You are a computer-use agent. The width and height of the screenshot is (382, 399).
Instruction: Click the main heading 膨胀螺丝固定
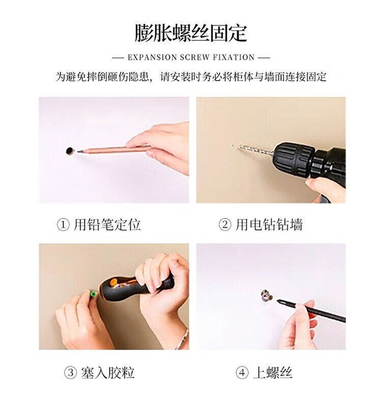click(191, 33)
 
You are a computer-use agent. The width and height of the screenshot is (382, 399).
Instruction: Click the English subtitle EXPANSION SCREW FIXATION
click(191, 57)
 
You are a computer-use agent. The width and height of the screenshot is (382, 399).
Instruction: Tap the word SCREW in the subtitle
click(195, 57)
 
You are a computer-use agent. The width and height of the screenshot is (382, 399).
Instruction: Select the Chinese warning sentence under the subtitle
click(191, 76)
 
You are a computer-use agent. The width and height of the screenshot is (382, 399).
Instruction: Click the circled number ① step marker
click(63, 225)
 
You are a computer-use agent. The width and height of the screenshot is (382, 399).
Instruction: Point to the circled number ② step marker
click(225, 225)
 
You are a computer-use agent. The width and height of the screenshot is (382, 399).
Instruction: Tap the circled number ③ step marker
click(70, 373)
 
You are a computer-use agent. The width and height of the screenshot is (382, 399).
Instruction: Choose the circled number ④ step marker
click(242, 373)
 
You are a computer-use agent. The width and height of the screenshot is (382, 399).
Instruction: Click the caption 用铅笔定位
click(107, 225)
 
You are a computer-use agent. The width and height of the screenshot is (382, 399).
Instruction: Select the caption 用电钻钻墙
click(269, 225)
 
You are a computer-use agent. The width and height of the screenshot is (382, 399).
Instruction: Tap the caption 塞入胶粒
click(107, 373)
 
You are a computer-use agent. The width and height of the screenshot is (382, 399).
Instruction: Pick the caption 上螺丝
click(272, 373)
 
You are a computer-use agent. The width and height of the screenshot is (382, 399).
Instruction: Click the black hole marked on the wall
click(70, 151)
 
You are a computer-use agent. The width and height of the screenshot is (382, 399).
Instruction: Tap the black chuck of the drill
click(292, 161)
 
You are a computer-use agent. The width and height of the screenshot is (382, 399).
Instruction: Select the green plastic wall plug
click(93, 295)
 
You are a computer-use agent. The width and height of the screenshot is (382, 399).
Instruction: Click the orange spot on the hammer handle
click(114, 282)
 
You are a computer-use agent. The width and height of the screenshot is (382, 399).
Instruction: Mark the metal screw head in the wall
click(266, 295)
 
